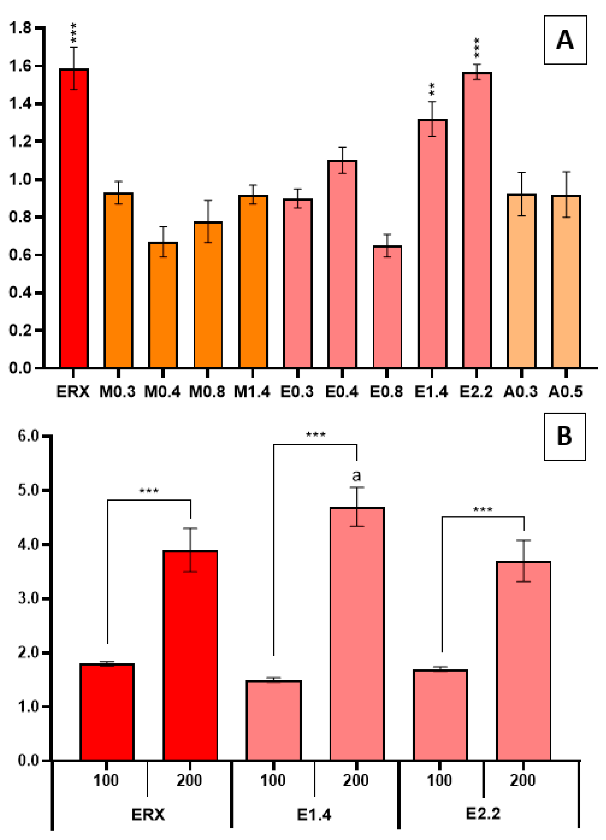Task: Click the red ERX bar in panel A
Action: (x=74, y=219)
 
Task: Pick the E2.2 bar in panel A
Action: (x=477, y=220)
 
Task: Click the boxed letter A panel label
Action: (x=565, y=40)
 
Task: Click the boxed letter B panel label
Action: (x=564, y=436)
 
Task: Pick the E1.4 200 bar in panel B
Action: (x=357, y=633)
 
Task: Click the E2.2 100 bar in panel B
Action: (x=440, y=715)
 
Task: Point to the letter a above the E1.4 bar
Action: (x=356, y=475)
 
